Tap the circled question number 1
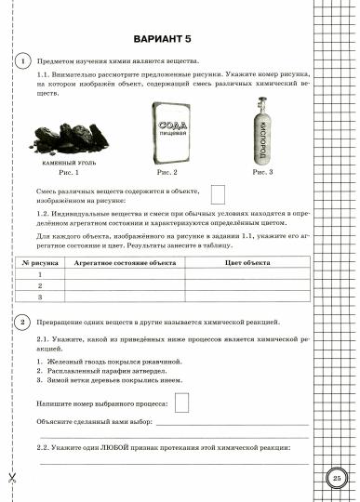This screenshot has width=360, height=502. pos(21,60)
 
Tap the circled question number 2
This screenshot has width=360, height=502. pos(21,322)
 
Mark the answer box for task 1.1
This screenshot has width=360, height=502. pos(218,194)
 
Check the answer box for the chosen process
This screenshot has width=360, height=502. pos(182,402)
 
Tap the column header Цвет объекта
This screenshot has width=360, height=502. pos(247,263)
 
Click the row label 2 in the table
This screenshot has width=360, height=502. pos(40,286)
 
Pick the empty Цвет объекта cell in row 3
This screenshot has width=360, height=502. pos(247,297)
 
